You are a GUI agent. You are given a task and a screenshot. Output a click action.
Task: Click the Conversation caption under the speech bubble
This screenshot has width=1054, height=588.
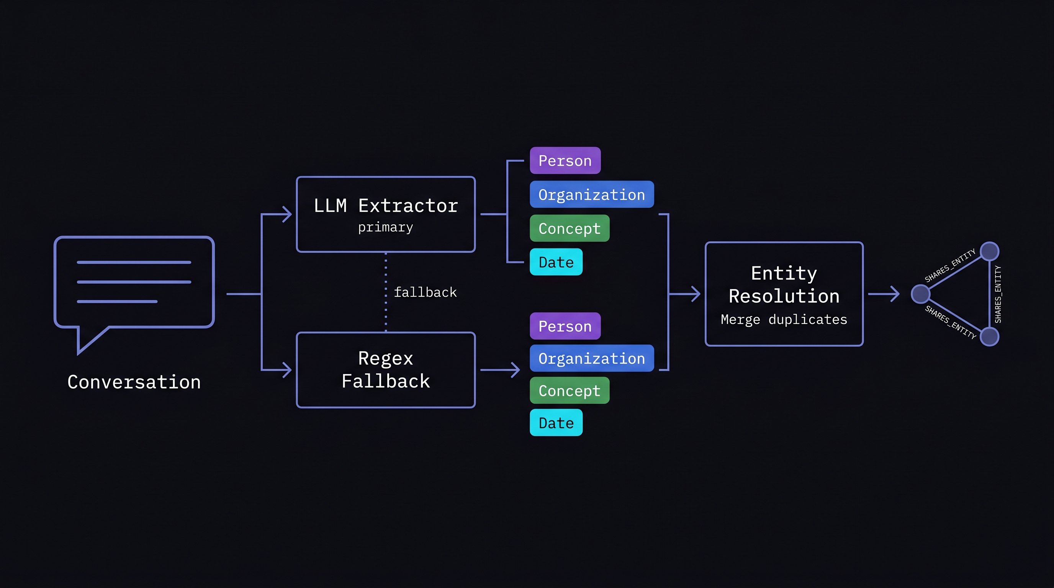click(x=134, y=382)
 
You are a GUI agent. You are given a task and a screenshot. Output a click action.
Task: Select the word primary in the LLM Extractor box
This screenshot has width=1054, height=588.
click(x=385, y=227)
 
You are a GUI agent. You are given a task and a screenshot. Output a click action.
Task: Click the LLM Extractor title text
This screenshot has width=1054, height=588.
click(x=385, y=205)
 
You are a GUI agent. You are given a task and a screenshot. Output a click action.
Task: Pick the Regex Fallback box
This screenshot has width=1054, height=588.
click(x=385, y=370)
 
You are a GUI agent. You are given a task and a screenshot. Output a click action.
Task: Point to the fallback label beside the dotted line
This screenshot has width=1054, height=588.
click(x=425, y=292)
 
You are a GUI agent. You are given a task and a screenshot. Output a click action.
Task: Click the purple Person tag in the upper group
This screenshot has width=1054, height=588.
click(x=565, y=161)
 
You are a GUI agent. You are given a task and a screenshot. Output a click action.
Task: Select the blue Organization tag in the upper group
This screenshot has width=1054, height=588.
click(x=592, y=194)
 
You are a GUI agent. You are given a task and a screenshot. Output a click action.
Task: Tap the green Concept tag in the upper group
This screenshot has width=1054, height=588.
click(x=570, y=228)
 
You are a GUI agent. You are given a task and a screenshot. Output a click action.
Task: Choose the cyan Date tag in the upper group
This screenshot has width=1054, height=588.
click(x=556, y=262)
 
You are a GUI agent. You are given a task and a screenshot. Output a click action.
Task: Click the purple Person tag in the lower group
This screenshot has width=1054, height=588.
click(x=565, y=326)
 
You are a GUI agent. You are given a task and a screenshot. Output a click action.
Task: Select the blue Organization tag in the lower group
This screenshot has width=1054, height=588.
click(x=592, y=358)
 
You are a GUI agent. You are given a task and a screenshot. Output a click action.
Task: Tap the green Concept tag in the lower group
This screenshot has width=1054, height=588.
click(x=570, y=390)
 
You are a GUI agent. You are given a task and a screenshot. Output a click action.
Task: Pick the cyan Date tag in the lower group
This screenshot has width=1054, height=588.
click(x=556, y=423)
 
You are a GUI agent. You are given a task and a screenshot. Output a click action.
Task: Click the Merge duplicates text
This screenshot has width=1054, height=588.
click(x=784, y=319)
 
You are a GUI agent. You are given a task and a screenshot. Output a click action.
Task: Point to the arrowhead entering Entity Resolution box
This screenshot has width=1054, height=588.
click(x=696, y=294)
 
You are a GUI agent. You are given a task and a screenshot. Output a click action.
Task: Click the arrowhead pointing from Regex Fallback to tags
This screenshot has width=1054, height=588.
click(x=515, y=370)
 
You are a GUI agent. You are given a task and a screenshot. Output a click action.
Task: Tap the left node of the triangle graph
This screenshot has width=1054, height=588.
click(x=921, y=294)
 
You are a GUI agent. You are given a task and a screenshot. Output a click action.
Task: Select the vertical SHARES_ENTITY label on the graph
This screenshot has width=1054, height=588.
click(x=998, y=294)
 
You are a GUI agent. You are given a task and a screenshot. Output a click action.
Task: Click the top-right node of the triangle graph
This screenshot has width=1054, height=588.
click(x=990, y=251)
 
